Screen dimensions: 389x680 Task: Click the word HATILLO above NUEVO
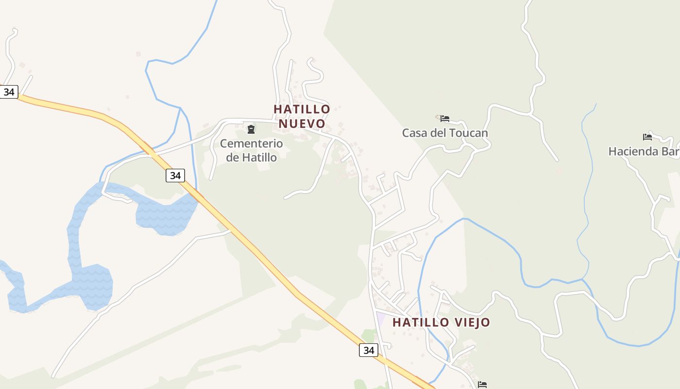click(302, 109)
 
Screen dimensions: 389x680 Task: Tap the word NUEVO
click(302, 123)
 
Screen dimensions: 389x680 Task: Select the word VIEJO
click(473, 322)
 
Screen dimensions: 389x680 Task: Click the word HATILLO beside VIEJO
click(421, 322)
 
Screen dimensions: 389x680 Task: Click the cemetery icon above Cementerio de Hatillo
click(251, 129)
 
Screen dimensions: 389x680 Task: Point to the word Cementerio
click(251, 143)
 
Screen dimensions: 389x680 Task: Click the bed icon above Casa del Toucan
click(445, 118)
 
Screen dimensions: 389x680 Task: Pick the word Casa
click(415, 133)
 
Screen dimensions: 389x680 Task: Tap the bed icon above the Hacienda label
click(647, 137)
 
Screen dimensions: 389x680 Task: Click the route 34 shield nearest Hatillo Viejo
click(369, 350)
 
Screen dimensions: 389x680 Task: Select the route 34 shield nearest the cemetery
click(175, 175)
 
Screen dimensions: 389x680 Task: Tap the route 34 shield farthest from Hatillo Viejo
click(9, 91)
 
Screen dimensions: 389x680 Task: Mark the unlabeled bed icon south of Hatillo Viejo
click(482, 385)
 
